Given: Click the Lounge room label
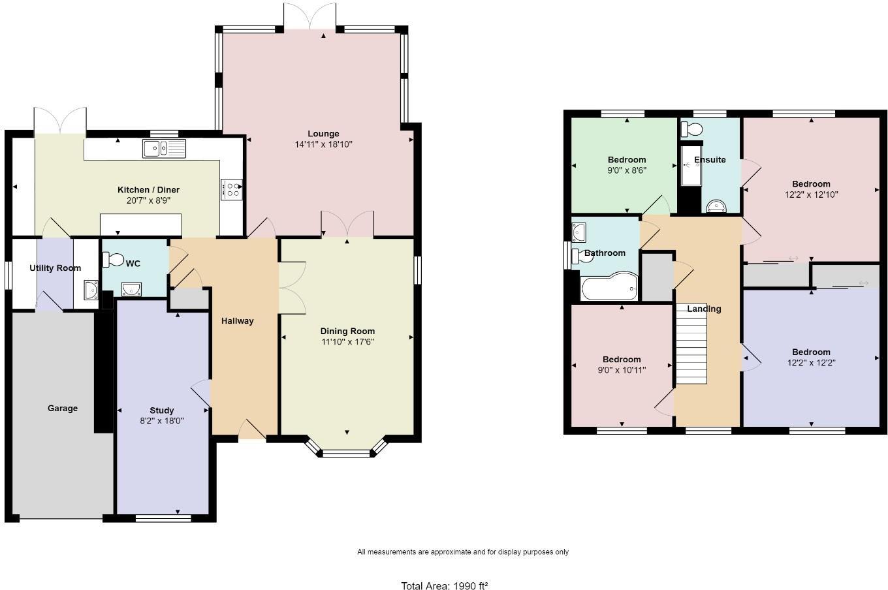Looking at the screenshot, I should click(x=323, y=134).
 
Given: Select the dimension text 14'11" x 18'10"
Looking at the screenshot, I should click(x=323, y=144).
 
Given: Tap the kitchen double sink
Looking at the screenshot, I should click(x=164, y=149).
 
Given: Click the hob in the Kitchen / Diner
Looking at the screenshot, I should click(x=232, y=189).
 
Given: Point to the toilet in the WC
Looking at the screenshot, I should click(x=113, y=260).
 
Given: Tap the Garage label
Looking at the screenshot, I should click(x=63, y=409).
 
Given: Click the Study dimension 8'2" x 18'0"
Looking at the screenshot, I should click(x=161, y=421).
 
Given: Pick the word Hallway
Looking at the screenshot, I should click(x=237, y=321).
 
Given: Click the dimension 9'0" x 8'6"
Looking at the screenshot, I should click(x=627, y=170).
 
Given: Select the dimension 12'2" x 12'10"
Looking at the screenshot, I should click(x=811, y=194).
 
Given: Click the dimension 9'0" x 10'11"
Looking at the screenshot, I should click(x=622, y=370).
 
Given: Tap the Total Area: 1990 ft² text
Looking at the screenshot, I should click(x=445, y=586).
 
